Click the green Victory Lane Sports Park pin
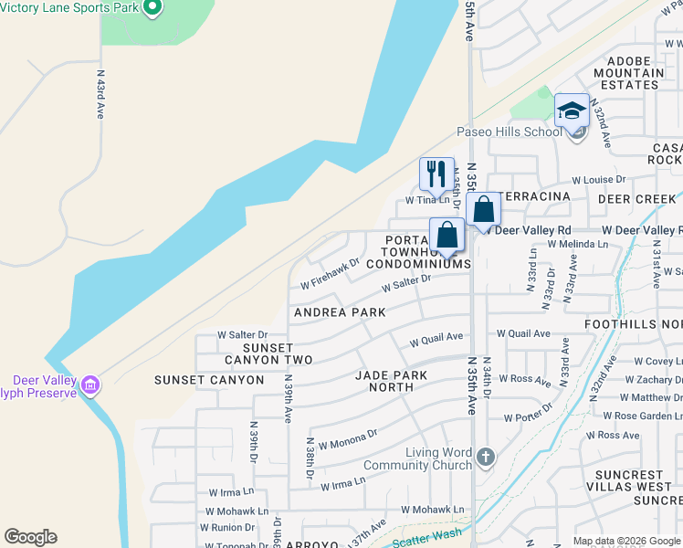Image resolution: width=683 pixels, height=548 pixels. click(x=152, y=8)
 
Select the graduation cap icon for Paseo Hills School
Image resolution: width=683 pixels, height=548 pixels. click(x=572, y=111)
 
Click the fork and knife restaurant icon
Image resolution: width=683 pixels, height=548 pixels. click(x=436, y=173)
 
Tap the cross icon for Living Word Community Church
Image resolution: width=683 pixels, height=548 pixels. click(x=485, y=456)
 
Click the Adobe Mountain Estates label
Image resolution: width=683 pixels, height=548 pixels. click(x=628, y=73)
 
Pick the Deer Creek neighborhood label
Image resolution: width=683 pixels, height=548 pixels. click(x=637, y=198)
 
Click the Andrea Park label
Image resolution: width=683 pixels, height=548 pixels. click(x=340, y=312)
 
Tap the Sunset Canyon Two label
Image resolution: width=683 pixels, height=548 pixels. click(x=268, y=354)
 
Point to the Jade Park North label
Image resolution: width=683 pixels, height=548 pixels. click(x=398, y=381)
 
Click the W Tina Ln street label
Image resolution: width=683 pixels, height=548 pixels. click(x=428, y=200)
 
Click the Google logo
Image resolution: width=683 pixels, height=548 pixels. click(x=30, y=537)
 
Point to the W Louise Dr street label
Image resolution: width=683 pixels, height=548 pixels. click(x=599, y=180)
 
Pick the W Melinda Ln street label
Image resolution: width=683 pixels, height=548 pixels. click(x=578, y=244)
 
